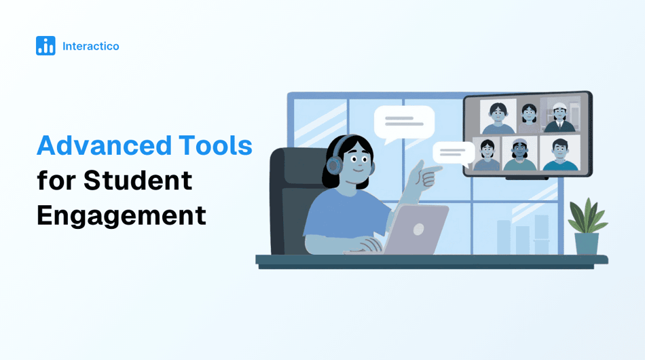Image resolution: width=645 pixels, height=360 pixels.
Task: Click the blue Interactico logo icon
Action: [x=45, y=46]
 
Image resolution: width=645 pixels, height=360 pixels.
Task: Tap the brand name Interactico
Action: [x=90, y=46]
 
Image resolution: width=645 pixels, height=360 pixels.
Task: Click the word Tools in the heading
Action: [x=215, y=145]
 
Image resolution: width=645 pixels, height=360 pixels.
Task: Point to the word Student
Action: [x=139, y=181]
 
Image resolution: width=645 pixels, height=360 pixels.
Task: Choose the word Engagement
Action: [x=121, y=215]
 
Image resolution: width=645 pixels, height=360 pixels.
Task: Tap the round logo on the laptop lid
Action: [x=417, y=230]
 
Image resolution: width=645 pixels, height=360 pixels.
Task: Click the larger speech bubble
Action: [x=404, y=123]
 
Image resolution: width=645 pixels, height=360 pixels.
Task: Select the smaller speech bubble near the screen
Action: [x=453, y=152]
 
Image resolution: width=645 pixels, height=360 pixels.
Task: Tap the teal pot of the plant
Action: [x=587, y=243]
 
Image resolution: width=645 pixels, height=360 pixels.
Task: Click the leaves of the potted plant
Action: [x=587, y=216]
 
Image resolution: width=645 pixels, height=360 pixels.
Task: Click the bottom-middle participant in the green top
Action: [x=519, y=155]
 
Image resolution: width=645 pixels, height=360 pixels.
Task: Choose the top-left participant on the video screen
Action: [x=498, y=118]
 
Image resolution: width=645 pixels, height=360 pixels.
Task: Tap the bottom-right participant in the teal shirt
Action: [x=559, y=155]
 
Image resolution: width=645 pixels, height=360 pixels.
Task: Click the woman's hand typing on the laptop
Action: [x=370, y=245]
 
